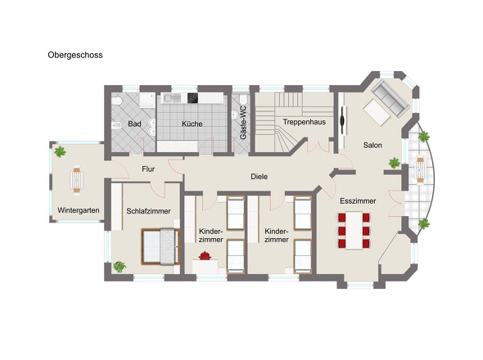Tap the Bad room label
click(x=135, y=124)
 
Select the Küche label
click(x=192, y=124)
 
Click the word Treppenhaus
click(x=305, y=122)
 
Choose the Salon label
click(x=373, y=146)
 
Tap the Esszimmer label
click(x=357, y=199)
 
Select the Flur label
click(x=148, y=169)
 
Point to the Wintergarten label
click(x=79, y=210)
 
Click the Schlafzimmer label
click(x=148, y=210)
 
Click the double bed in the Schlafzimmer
click(x=159, y=246)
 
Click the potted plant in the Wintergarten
click(x=60, y=151)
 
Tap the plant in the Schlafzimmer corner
click(x=120, y=266)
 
